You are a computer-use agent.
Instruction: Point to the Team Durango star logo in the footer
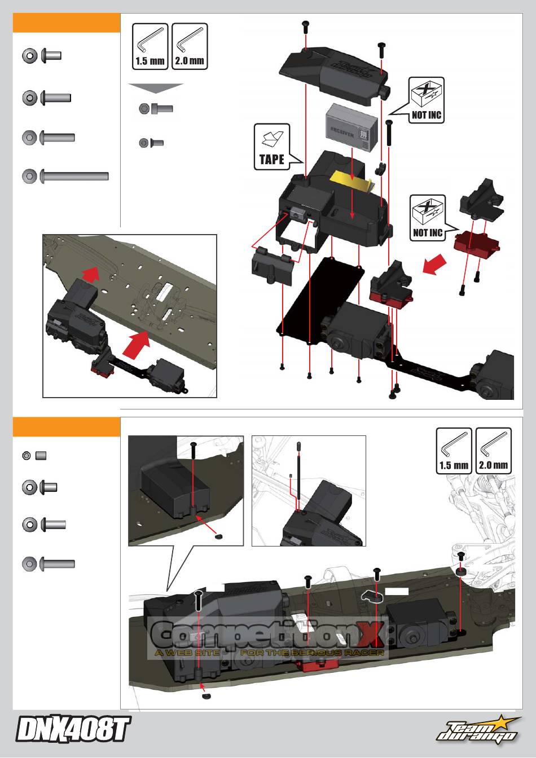point(477,730)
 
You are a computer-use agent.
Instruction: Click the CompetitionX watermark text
point(269,637)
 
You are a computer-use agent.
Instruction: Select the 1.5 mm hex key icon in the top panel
point(150,46)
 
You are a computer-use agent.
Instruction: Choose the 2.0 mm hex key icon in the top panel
point(190,46)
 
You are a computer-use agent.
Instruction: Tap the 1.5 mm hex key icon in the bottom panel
point(454,451)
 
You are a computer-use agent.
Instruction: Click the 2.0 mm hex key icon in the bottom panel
point(494,451)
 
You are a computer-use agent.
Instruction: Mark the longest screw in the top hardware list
point(66,177)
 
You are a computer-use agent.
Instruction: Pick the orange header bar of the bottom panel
point(67,427)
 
